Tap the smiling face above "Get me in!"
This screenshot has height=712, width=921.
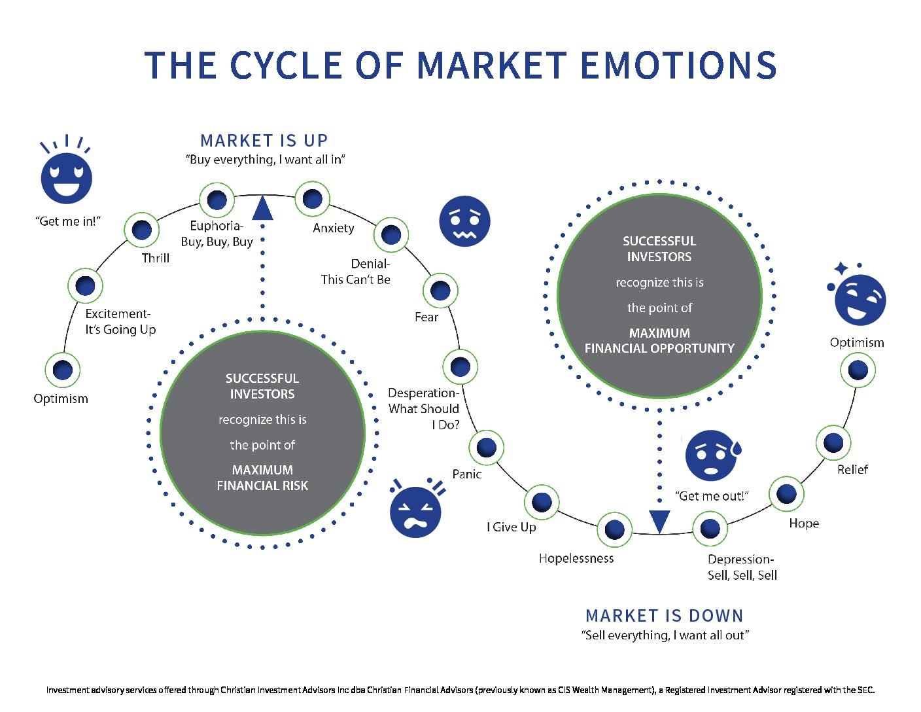coord(66,177)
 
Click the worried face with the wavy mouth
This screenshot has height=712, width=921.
coord(464,221)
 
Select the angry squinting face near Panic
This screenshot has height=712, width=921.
coord(415,511)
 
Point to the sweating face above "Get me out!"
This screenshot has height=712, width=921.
coord(712,455)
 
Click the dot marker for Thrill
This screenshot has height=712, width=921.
coord(141,230)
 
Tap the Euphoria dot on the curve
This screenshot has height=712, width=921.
coord(217,200)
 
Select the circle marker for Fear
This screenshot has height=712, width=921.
coord(440,291)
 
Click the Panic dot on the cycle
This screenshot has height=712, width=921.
coord(486,448)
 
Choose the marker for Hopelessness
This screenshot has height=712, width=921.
coord(614,529)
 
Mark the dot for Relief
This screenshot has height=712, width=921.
coord(833,442)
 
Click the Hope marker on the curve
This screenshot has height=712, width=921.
coord(786,493)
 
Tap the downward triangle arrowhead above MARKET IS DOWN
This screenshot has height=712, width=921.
coord(659,521)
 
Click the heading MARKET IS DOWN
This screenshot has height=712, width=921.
coord(664,616)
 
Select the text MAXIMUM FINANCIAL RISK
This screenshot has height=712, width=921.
coord(262,478)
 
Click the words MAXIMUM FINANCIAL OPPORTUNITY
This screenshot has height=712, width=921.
coord(659,340)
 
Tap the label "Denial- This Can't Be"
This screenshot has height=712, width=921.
coord(356,272)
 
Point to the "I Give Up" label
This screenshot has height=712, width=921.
coord(511,527)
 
